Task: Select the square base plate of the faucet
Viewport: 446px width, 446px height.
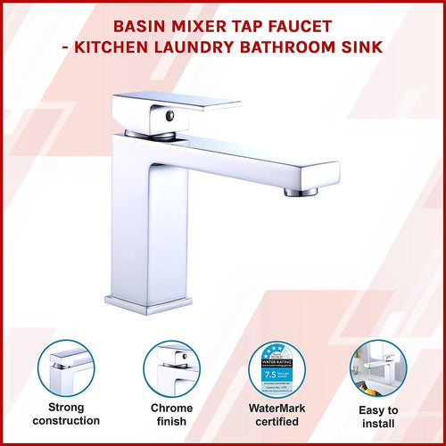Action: (148, 302)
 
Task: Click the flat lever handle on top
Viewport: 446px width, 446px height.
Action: (178, 110)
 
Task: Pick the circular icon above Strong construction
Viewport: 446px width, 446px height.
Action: (65, 368)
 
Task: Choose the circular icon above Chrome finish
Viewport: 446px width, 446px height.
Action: (171, 368)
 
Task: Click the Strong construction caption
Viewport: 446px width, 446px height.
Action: (65, 413)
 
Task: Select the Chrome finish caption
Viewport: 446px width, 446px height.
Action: (171, 413)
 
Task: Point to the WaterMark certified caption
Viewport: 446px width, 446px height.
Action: (276, 413)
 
